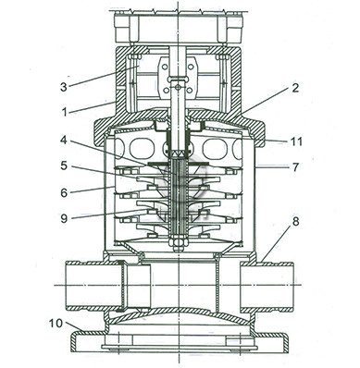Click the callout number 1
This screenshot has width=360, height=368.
[x=65, y=112]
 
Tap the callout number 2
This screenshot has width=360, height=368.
[x=295, y=88]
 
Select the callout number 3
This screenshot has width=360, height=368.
[x=64, y=87]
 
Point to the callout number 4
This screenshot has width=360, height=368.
[x=64, y=140]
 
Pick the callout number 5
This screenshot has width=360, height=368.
[x=64, y=166]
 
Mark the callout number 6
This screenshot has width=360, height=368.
[x=64, y=192]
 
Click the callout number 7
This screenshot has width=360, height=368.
[x=295, y=166]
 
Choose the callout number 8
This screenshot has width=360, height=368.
[x=295, y=221]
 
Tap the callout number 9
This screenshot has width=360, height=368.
[x=64, y=218]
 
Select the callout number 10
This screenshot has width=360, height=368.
[x=56, y=324]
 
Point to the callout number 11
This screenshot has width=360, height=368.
[x=296, y=141]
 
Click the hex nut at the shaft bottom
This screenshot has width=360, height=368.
[x=178, y=241]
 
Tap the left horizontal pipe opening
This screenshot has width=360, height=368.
[x=93, y=286]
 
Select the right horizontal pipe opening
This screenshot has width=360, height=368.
[x=267, y=286]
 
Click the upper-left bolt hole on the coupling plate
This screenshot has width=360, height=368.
[x=166, y=67]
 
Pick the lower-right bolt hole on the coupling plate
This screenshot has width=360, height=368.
[x=190, y=91]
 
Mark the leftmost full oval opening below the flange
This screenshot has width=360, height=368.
[x=142, y=149]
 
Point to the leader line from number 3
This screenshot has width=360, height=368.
[x=103, y=76]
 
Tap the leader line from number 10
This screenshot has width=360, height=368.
[x=73, y=326]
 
